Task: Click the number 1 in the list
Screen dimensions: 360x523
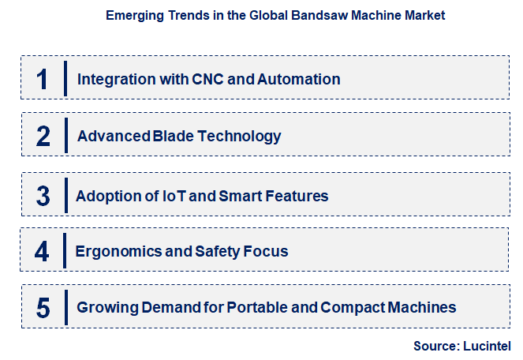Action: pos(43,79)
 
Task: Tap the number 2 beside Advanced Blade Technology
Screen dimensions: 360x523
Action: pos(43,137)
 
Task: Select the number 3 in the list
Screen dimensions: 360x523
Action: pos(43,195)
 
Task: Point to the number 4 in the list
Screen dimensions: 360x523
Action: pos(43,252)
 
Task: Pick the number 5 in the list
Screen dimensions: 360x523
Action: pos(43,308)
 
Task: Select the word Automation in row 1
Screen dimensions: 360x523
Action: pos(301,79)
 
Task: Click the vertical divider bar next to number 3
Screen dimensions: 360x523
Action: pos(65,195)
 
